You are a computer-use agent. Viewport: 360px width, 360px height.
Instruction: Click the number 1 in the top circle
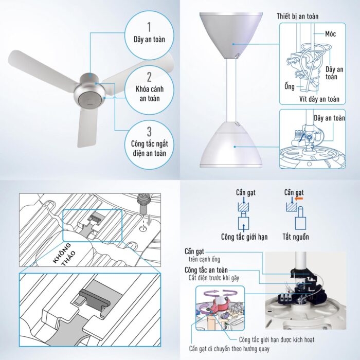pos(149,27)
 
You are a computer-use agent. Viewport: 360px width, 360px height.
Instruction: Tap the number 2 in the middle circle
pos(149,77)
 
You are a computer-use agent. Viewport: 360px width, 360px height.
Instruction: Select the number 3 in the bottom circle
pos(149,132)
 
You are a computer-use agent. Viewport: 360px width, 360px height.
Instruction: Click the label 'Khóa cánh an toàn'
pos(150,94)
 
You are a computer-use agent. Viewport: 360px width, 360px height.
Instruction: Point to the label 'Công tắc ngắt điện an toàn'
pos(150,148)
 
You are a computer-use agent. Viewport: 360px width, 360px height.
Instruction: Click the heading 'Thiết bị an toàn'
pos(298,16)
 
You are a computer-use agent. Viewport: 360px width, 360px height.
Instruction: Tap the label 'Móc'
pos(330,34)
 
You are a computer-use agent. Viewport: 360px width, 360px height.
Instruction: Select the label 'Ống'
pos(290,86)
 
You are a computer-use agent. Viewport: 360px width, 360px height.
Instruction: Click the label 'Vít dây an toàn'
pos(319,99)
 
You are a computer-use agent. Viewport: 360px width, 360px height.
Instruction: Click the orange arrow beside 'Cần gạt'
pos(299,199)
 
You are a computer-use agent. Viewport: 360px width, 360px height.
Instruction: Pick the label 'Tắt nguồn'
pos(296,237)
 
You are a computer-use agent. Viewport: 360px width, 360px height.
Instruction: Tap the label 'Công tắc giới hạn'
pos(244,237)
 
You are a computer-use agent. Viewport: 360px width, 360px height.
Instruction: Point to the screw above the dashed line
pos(142,204)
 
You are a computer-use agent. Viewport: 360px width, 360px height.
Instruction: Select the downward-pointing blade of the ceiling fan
pos(86,129)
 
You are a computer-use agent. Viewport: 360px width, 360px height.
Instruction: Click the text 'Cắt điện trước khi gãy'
pos(214,278)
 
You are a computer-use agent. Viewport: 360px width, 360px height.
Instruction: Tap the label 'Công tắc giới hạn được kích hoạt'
pos(277,339)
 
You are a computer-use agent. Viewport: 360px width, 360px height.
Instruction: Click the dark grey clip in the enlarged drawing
pos(95,298)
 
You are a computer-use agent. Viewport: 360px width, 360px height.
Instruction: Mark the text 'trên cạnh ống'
pos(204,259)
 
